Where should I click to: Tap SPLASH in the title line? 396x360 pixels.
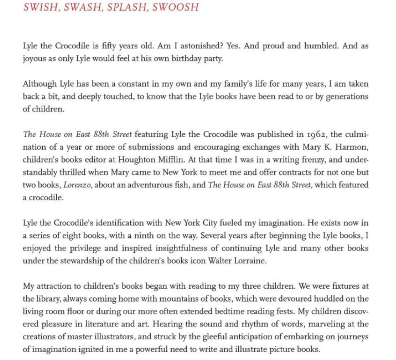coord(127,7)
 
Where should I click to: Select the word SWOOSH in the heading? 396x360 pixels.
coord(175,7)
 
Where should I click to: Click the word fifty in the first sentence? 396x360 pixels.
coord(110,46)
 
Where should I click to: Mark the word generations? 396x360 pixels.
coord(347,97)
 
